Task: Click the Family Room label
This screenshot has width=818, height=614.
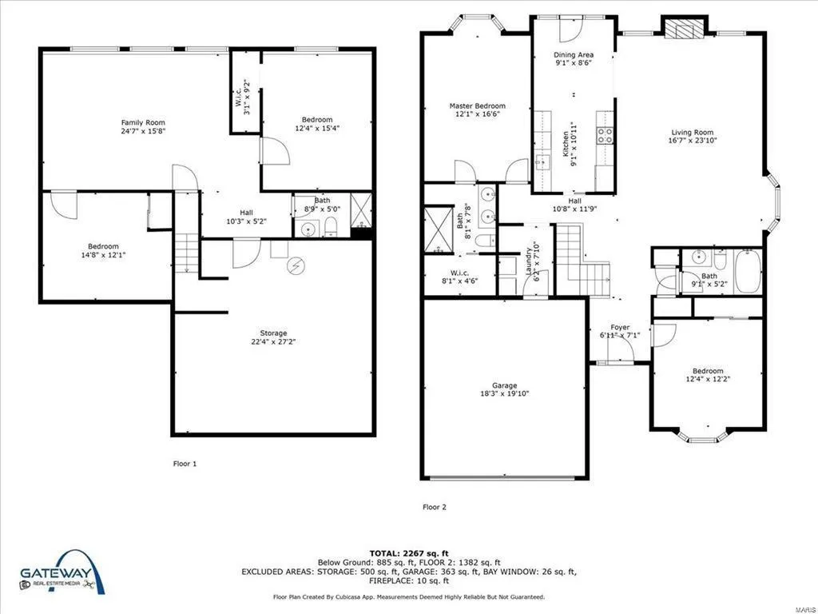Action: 143,122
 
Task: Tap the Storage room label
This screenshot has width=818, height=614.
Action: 273,333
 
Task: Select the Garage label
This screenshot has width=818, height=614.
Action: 505,385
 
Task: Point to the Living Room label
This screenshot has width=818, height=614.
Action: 693,132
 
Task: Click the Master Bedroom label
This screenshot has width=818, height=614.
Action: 478,106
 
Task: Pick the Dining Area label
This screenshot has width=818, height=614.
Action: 574,54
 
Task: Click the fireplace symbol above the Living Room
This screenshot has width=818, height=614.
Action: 685,30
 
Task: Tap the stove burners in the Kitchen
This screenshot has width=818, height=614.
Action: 606,135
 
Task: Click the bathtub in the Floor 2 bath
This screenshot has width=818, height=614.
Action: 748,271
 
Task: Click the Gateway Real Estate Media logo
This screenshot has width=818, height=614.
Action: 62,572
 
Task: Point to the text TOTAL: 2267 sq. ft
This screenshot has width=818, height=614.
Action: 409,553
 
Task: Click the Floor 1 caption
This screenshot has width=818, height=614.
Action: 185,463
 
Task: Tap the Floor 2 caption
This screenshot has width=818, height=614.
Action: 435,506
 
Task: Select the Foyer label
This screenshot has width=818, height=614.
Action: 620,327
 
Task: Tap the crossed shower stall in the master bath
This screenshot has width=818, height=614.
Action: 439,229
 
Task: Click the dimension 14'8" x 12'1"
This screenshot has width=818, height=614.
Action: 103,255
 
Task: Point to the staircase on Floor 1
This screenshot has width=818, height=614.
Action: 186,253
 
